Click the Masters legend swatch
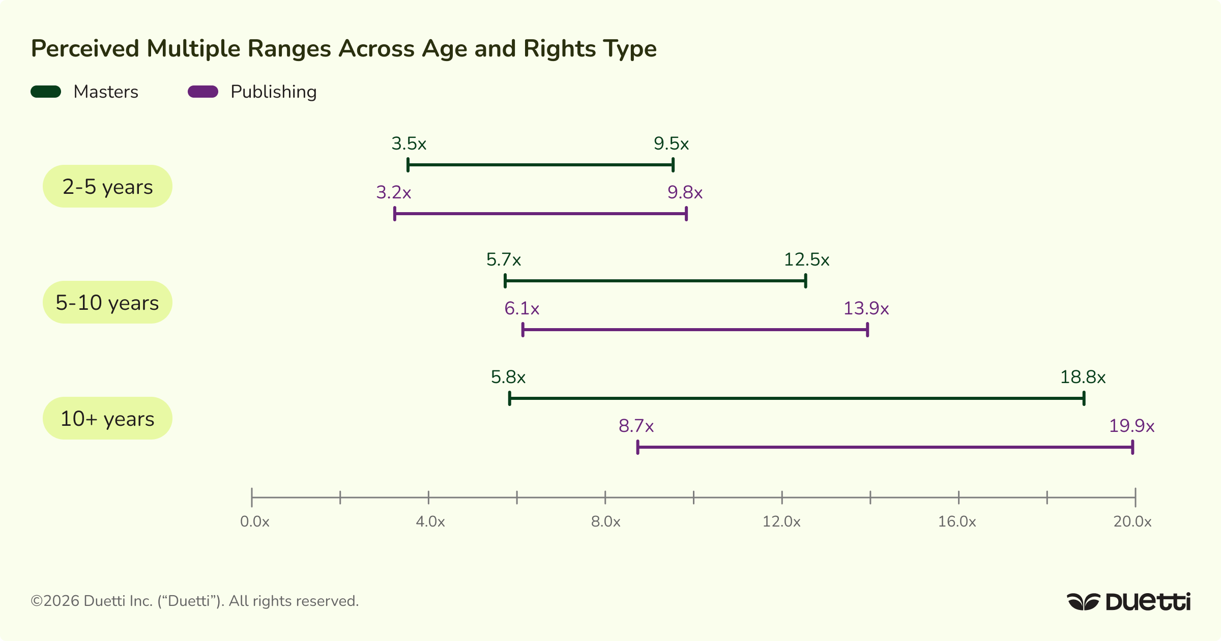(46, 92)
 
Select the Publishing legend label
(273, 92)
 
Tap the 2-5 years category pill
(107, 187)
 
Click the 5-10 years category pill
(107, 303)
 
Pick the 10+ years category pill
(107, 419)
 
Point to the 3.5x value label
(409, 144)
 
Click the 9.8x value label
(685, 193)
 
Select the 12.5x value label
(806, 260)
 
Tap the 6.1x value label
(521, 309)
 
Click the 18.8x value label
(1083, 377)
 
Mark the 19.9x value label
(1131, 426)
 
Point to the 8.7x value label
(636, 426)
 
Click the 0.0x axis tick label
(254, 521)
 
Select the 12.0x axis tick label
(781, 521)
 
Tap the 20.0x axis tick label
(1132, 521)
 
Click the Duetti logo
(1128, 601)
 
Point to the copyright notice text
(195, 601)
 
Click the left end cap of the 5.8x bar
(509, 398)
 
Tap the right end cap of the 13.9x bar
(867, 330)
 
